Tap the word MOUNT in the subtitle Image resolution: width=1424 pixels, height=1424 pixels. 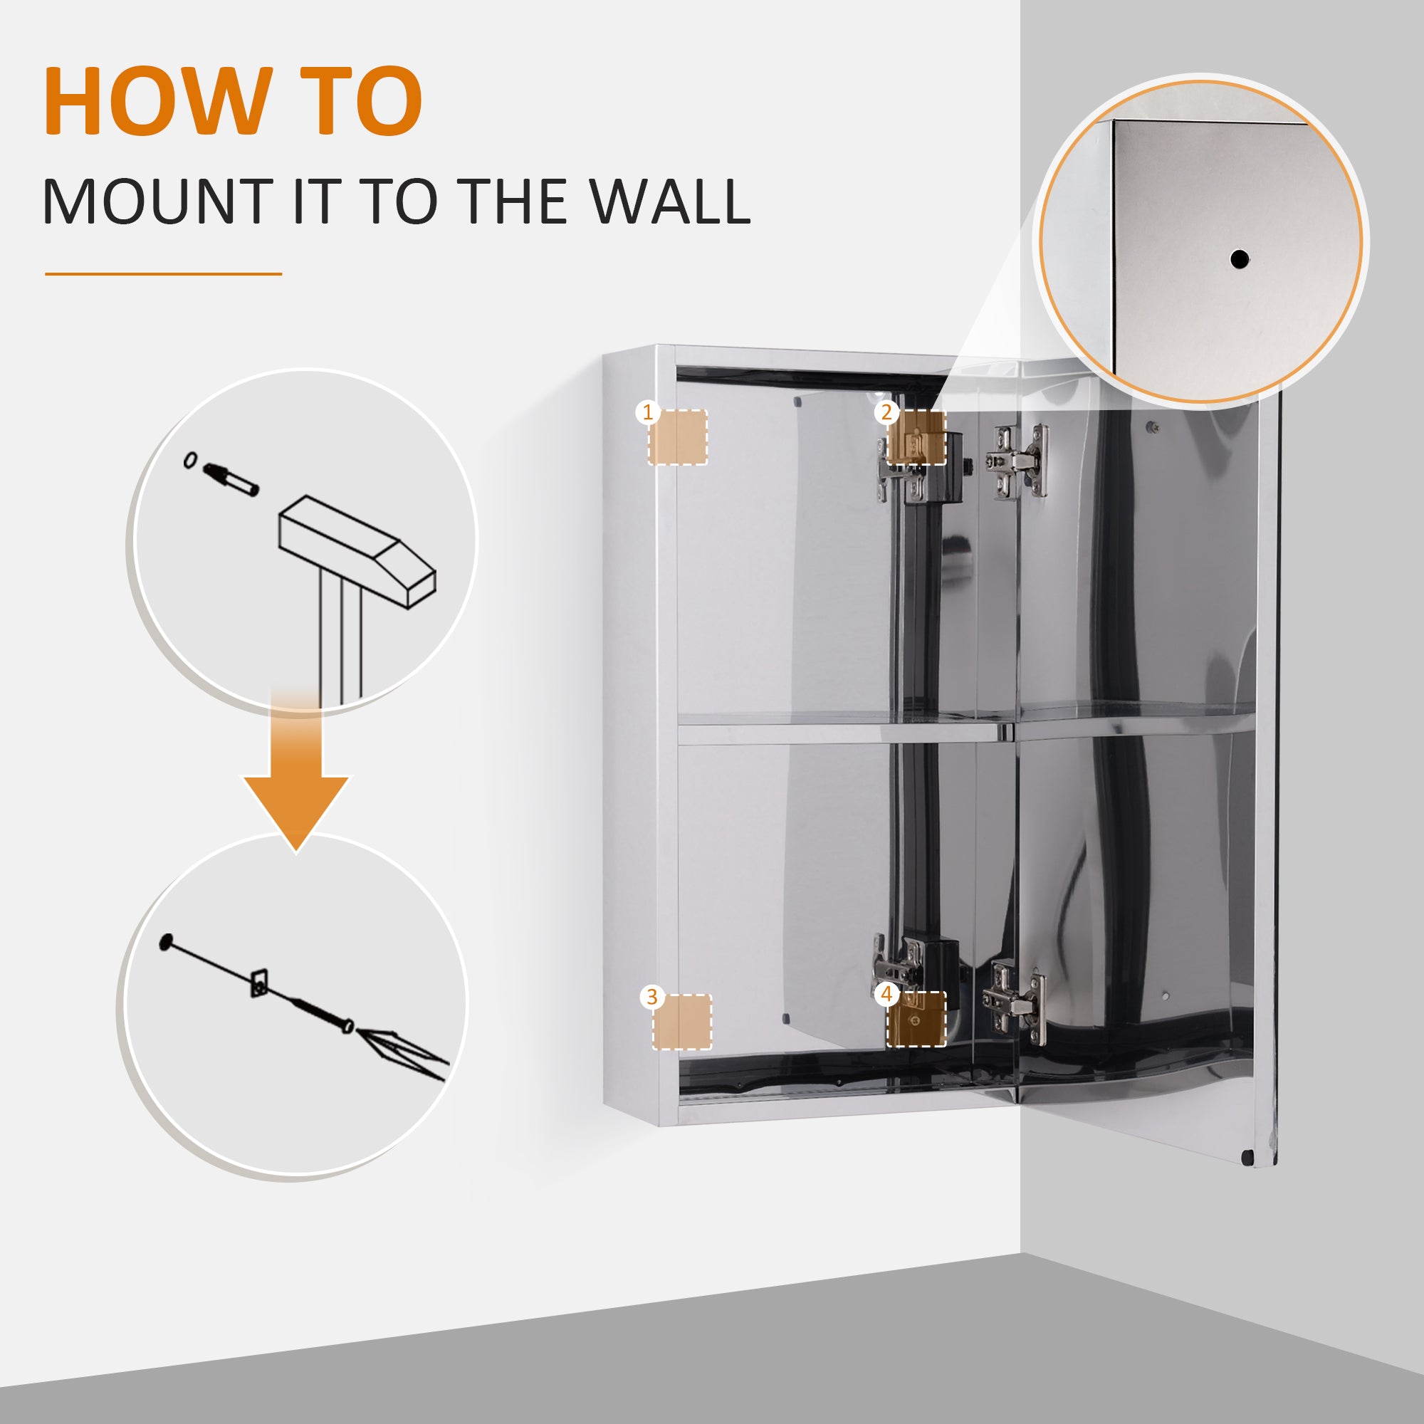pyautogui.click(x=158, y=201)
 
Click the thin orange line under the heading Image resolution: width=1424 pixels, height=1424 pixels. pyautogui.click(x=163, y=274)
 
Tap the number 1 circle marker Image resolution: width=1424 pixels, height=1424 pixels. pyautogui.click(x=647, y=412)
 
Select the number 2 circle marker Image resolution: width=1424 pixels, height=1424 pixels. pyautogui.click(x=886, y=412)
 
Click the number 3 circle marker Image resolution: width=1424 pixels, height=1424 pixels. pyautogui.click(x=651, y=998)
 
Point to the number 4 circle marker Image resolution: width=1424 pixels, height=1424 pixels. pyautogui.click(x=886, y=994)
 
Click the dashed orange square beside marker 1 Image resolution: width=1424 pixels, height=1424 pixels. pyautogui.click(x=678, y=438)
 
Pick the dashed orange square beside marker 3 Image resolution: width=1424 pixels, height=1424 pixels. pyautogui.click(x=683, y=1022)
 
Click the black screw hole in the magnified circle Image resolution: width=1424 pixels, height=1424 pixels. pyautogui.click(x=1239, y=259)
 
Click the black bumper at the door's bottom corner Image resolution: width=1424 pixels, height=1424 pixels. pyautogui.click(x=1247, y=1158)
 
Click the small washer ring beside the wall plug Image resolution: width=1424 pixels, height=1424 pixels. pyautogui.click(x=191, y=460)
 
